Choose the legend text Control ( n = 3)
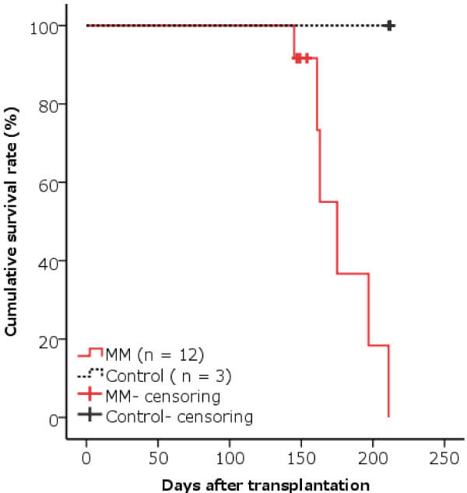pos(169,376)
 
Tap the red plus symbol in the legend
pos(90,396)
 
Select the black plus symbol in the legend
pos(90,416)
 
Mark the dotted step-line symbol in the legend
pos(90,375)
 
